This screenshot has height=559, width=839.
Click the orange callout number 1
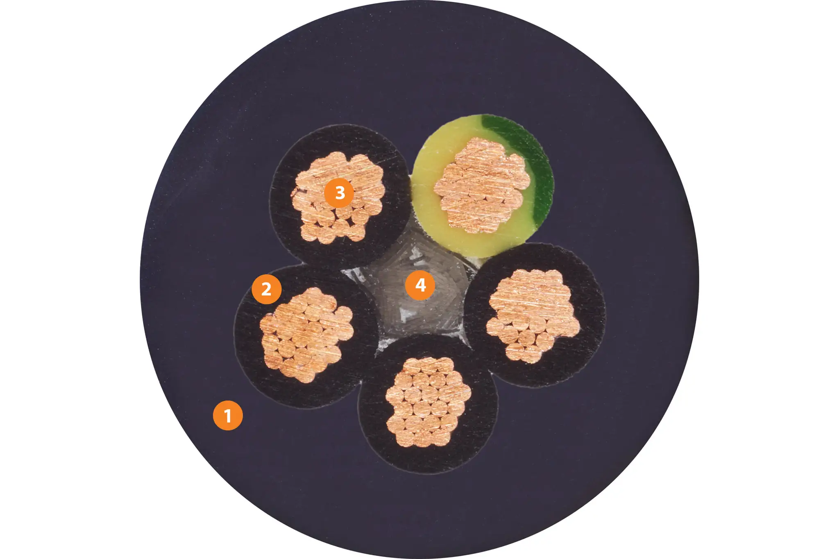coord(228,415)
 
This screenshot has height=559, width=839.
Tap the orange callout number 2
coord(266,289)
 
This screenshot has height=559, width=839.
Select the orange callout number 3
coord(339,192)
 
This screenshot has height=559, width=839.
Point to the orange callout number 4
coord(420,285)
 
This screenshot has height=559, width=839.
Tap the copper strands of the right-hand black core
coord(533,315)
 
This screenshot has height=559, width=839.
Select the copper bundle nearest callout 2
coord(306,335)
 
